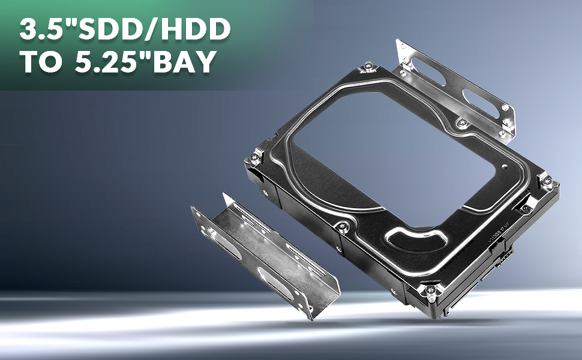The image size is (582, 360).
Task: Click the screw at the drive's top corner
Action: (x=369, y=66)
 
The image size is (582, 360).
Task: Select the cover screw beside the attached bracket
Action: (x=461, y=122)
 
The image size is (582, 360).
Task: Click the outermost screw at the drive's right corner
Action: (x=548, y=181)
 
